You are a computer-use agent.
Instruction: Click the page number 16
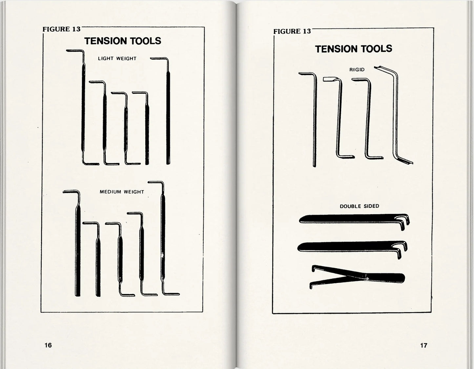48,345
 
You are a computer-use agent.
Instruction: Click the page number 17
423,345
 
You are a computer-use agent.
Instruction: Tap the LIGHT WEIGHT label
117,58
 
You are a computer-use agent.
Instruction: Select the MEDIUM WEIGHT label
122,192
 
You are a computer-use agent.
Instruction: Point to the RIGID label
357,70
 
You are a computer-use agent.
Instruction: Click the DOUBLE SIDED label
360,206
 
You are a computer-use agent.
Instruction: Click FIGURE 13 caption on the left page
62,29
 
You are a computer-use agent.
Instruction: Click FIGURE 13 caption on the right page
292,31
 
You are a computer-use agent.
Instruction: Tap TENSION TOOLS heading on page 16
123,41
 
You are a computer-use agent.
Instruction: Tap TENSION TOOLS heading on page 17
354,49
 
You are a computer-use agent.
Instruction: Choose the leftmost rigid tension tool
314,120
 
